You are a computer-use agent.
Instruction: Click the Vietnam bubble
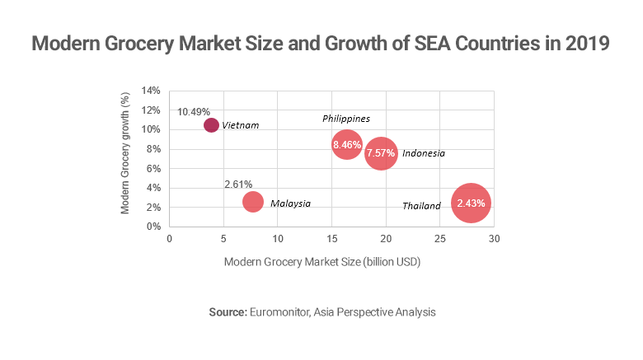coord(211,125)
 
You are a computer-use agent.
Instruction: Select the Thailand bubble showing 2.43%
coord(472,203)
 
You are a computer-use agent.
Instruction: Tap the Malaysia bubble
coord(253,202)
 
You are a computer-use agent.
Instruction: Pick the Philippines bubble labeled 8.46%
coord(347,145)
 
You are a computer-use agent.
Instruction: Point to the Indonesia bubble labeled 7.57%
coord(381,153)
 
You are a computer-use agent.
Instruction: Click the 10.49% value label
coord(194,111)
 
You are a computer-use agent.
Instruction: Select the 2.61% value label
coord(238,184)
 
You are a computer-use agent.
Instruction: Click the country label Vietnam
coord(241,126)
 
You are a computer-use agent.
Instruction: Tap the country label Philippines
coord(345,119)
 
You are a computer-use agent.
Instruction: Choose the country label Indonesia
coord(424,154)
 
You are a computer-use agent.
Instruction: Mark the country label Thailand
coord(421,206)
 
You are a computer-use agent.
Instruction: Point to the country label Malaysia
coord(290,203)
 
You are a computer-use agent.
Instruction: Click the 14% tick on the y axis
coord(150,91)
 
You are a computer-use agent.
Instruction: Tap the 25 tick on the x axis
coord(440,239)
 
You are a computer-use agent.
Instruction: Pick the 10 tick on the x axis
coord(278,239)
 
